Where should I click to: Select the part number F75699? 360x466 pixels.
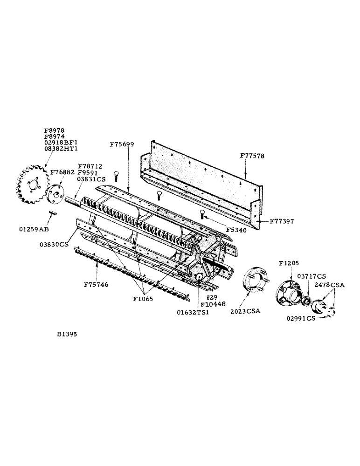(x=122, y=144)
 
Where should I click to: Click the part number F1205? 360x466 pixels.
(x=289, y=262)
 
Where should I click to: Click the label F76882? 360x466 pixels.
(x=62, y=172)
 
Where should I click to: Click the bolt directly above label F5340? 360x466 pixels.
(x=202, y=214)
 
